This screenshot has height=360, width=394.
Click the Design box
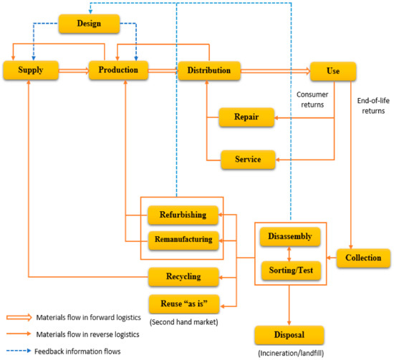click(87, 24)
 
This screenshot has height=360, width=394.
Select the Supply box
click(27, 71)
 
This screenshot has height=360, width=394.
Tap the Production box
click(118, 71)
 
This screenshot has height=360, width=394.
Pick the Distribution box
click(209, 71)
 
